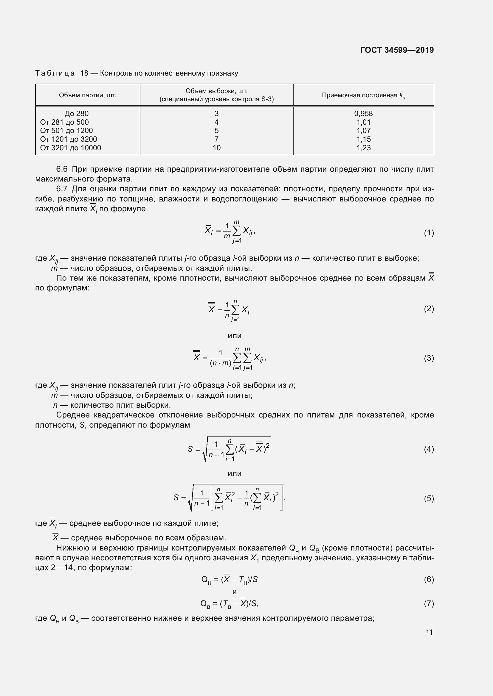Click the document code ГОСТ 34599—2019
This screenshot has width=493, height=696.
point(397,50)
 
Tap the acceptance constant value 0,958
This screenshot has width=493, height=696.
point(363,114)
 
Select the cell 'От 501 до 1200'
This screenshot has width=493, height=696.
point(66,131)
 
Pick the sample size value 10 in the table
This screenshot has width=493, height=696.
point(216,148)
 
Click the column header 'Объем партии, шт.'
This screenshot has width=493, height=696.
point(87,96)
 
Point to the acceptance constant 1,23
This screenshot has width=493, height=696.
point(363,148)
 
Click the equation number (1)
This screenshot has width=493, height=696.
point(429,233)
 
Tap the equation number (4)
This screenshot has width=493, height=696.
point(429,449)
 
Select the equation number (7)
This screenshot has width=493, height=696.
point(429,603)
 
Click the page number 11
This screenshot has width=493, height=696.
point(429,632)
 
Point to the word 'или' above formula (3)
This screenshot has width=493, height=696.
point(234,336)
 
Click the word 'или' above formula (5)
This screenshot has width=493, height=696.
point(234,473)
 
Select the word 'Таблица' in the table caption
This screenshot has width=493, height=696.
point(55,73)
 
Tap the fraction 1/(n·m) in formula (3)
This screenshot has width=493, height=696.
point(221,358)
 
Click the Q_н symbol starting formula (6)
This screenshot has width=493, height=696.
point(206,580)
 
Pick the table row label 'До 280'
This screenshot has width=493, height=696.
point(77,114)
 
